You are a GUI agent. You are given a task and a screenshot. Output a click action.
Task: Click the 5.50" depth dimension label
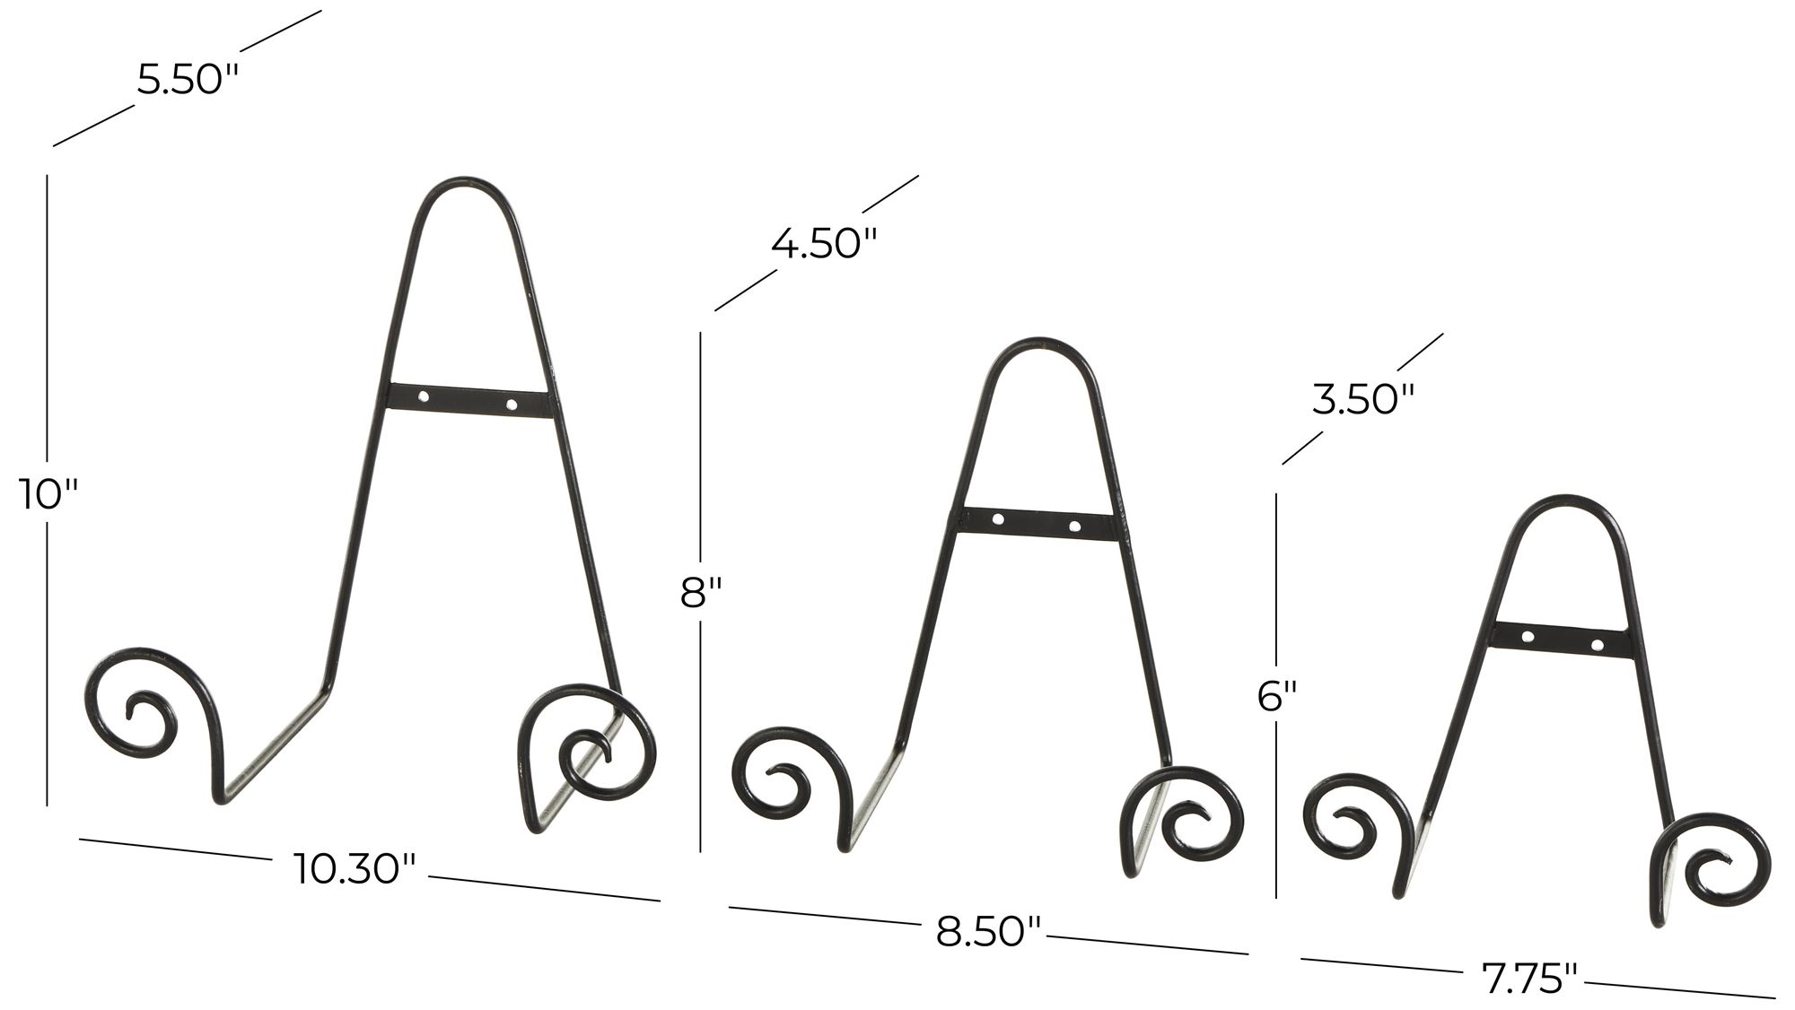coord(188,80)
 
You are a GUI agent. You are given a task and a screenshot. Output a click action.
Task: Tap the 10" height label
coord(49,493)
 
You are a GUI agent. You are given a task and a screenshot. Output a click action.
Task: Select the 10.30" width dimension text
coord(355,868)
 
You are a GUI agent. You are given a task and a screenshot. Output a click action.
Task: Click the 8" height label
coord(701,593)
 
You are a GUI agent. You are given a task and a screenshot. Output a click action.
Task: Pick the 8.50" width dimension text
coord(990,932)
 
